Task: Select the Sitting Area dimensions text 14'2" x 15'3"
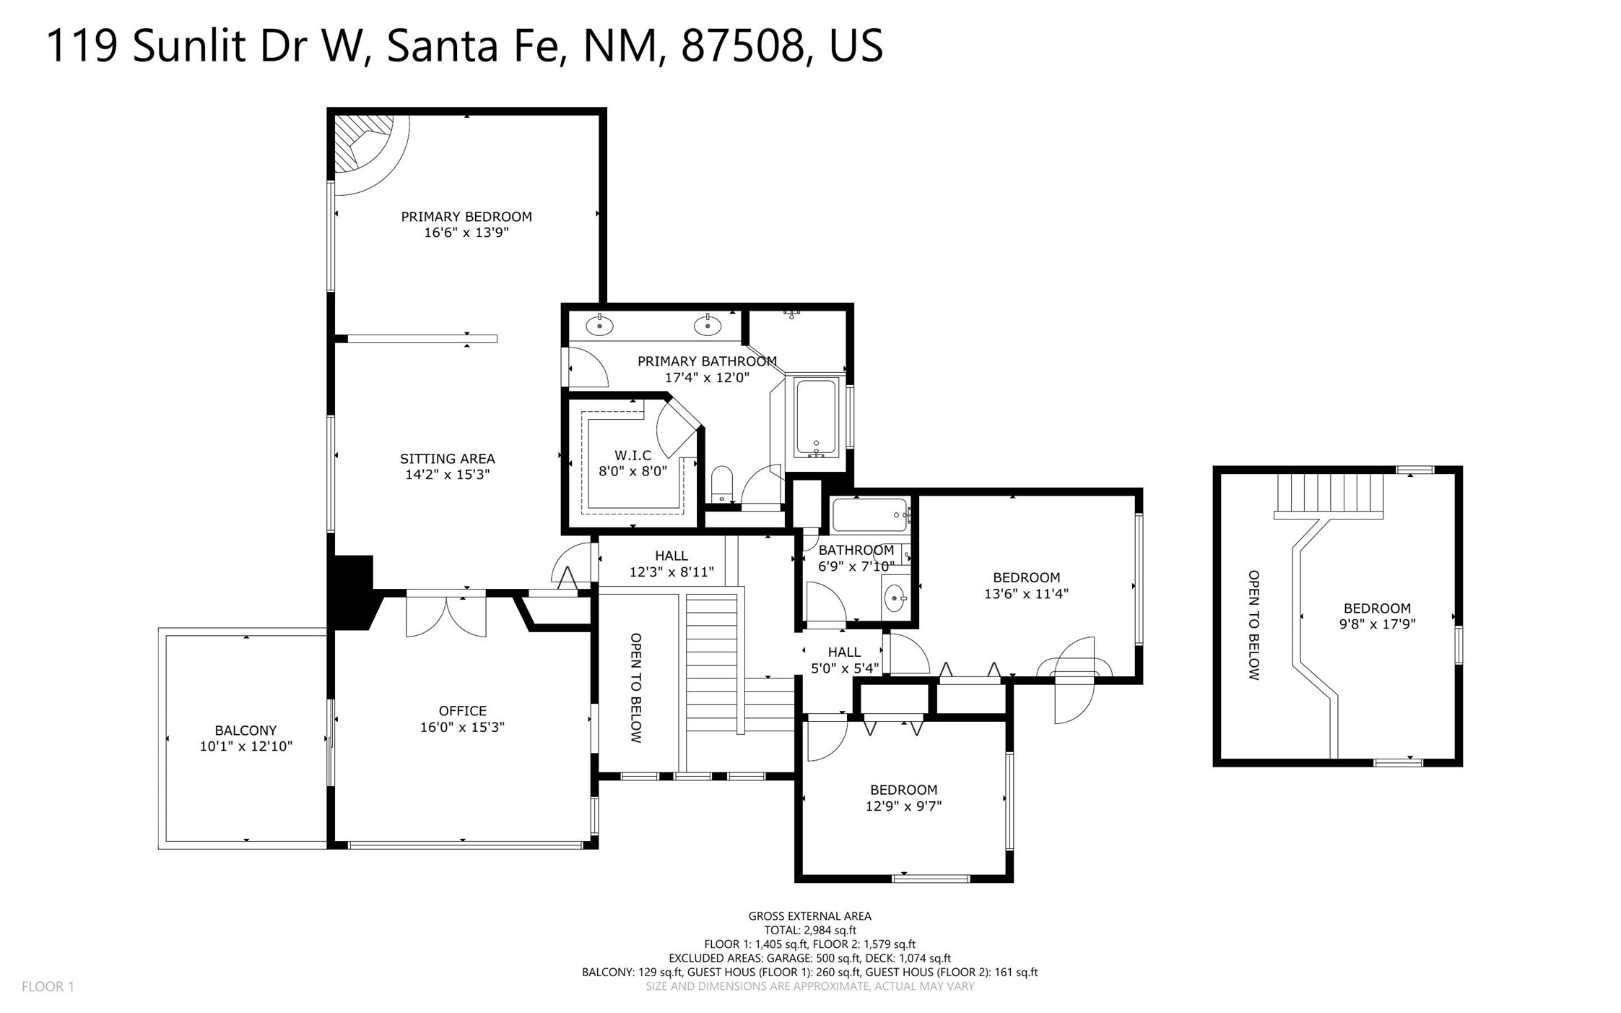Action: [x=448, y=475]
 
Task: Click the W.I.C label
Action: [x=633, y=455]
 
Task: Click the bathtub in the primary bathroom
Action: [x=817, y=418]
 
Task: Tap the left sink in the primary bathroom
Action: [x=599, y=326]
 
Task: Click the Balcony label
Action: [x=245, y=730]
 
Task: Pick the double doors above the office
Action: [x=446, y=614]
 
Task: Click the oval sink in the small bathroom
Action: [x=895, y=598]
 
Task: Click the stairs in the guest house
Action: [x=1329, y=496]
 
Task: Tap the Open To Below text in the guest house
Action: [x=1254, y=625]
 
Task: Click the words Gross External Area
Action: [x=809, y=916]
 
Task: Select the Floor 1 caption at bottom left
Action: [x=48, y=986]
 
